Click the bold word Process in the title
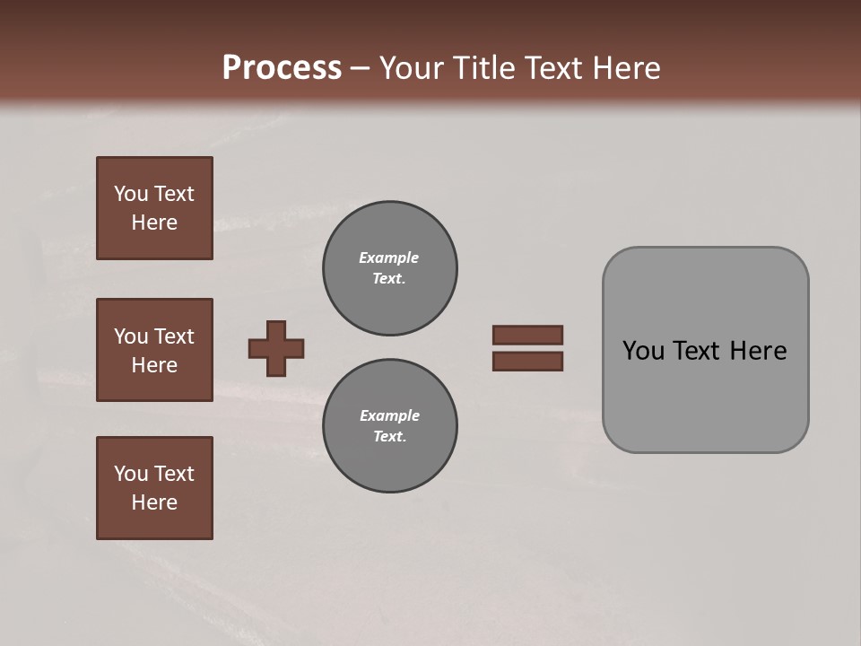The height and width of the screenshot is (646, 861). click(x=282, y=68)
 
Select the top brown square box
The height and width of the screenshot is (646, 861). click(x=154, y=208)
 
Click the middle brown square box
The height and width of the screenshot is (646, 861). click(x=154, y=350)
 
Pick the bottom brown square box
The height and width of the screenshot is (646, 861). click(x=154, y=488)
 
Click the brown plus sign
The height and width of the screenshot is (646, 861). click(x=276, y=348)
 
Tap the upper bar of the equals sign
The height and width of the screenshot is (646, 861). click(x=528, y=335)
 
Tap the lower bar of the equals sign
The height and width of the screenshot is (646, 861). click(x=528, y=362)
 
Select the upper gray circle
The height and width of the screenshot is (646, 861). click(x=390, y=267)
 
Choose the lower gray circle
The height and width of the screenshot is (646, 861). click(x=390, y=425)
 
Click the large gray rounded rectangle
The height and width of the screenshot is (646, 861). click(x=705, y=395)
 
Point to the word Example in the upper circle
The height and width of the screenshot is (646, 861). click(x=388, y=258)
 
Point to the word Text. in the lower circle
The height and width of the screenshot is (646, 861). click(x=389, y=437)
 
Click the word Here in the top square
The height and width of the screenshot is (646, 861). click(x=154, y=223)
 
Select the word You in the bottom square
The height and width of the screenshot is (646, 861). click(x=131, y=474)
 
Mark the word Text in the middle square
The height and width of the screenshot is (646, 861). click(x=174, y=336)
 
